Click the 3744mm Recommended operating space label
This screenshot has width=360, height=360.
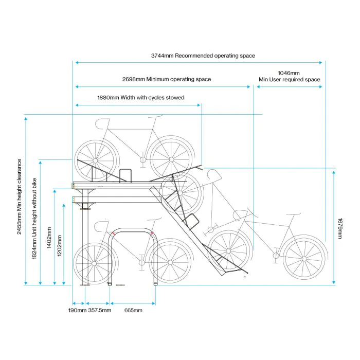pyautogui.click(x=203, y=56)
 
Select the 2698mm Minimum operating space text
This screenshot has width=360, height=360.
pyautogui.click(x=167, y=80)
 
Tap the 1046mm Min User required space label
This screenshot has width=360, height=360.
pyautogui.click(x=289, y=77)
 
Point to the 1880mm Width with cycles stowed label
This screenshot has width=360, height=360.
pyautogui.click(x=140, y=97)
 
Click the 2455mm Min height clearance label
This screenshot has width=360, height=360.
pyautogui.click(x=20, y=196)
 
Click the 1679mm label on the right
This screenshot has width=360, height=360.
pyautogui.click(x=340, y=228)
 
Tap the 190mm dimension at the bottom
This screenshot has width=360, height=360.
pyautogui.click(x=78, y=311)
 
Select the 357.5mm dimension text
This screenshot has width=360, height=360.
pyautogui.click(x=99, y=311)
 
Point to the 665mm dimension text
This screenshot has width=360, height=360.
pyautogui.click(x=133, y=311)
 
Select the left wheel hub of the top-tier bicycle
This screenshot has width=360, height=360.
pyautogui.click(x=96, y=157)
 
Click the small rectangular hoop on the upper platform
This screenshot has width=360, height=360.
pyautogui.click(x=125, y=175)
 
